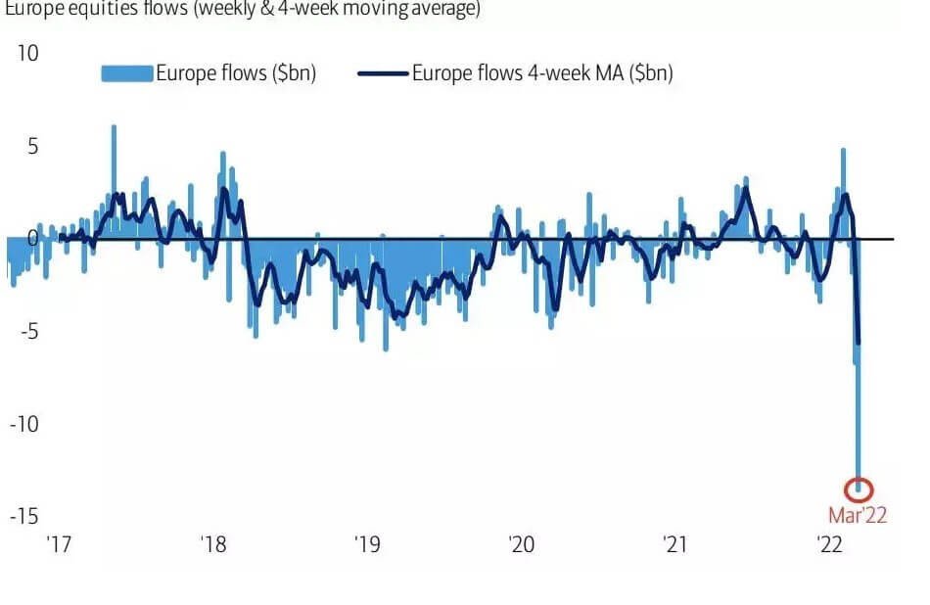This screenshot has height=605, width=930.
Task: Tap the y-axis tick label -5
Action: pyautogui.click(x=28, y=331)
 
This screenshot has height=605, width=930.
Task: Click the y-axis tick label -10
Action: pyautogui.click(x=23, y=423)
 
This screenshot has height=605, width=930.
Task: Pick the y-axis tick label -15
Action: pyautogui.click(x=23, y=516)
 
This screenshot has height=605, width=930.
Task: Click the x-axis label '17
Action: pyautogui.click(x=60, y=544)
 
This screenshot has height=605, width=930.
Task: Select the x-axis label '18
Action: pyautogui.click(x=213, y=544)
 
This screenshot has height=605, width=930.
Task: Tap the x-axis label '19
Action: pyautogui.click(x=367, y=544)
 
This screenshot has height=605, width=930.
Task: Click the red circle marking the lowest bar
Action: pyautogui.click(x=859, y=489)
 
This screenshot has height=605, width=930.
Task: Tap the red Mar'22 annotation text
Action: pyautogui.click(x=858, y=515)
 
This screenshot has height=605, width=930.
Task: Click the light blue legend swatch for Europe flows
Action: pyautogui.click(x=127, y=73)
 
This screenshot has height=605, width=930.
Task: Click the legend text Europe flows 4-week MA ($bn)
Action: pyautogui.click(x=542, y=73)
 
